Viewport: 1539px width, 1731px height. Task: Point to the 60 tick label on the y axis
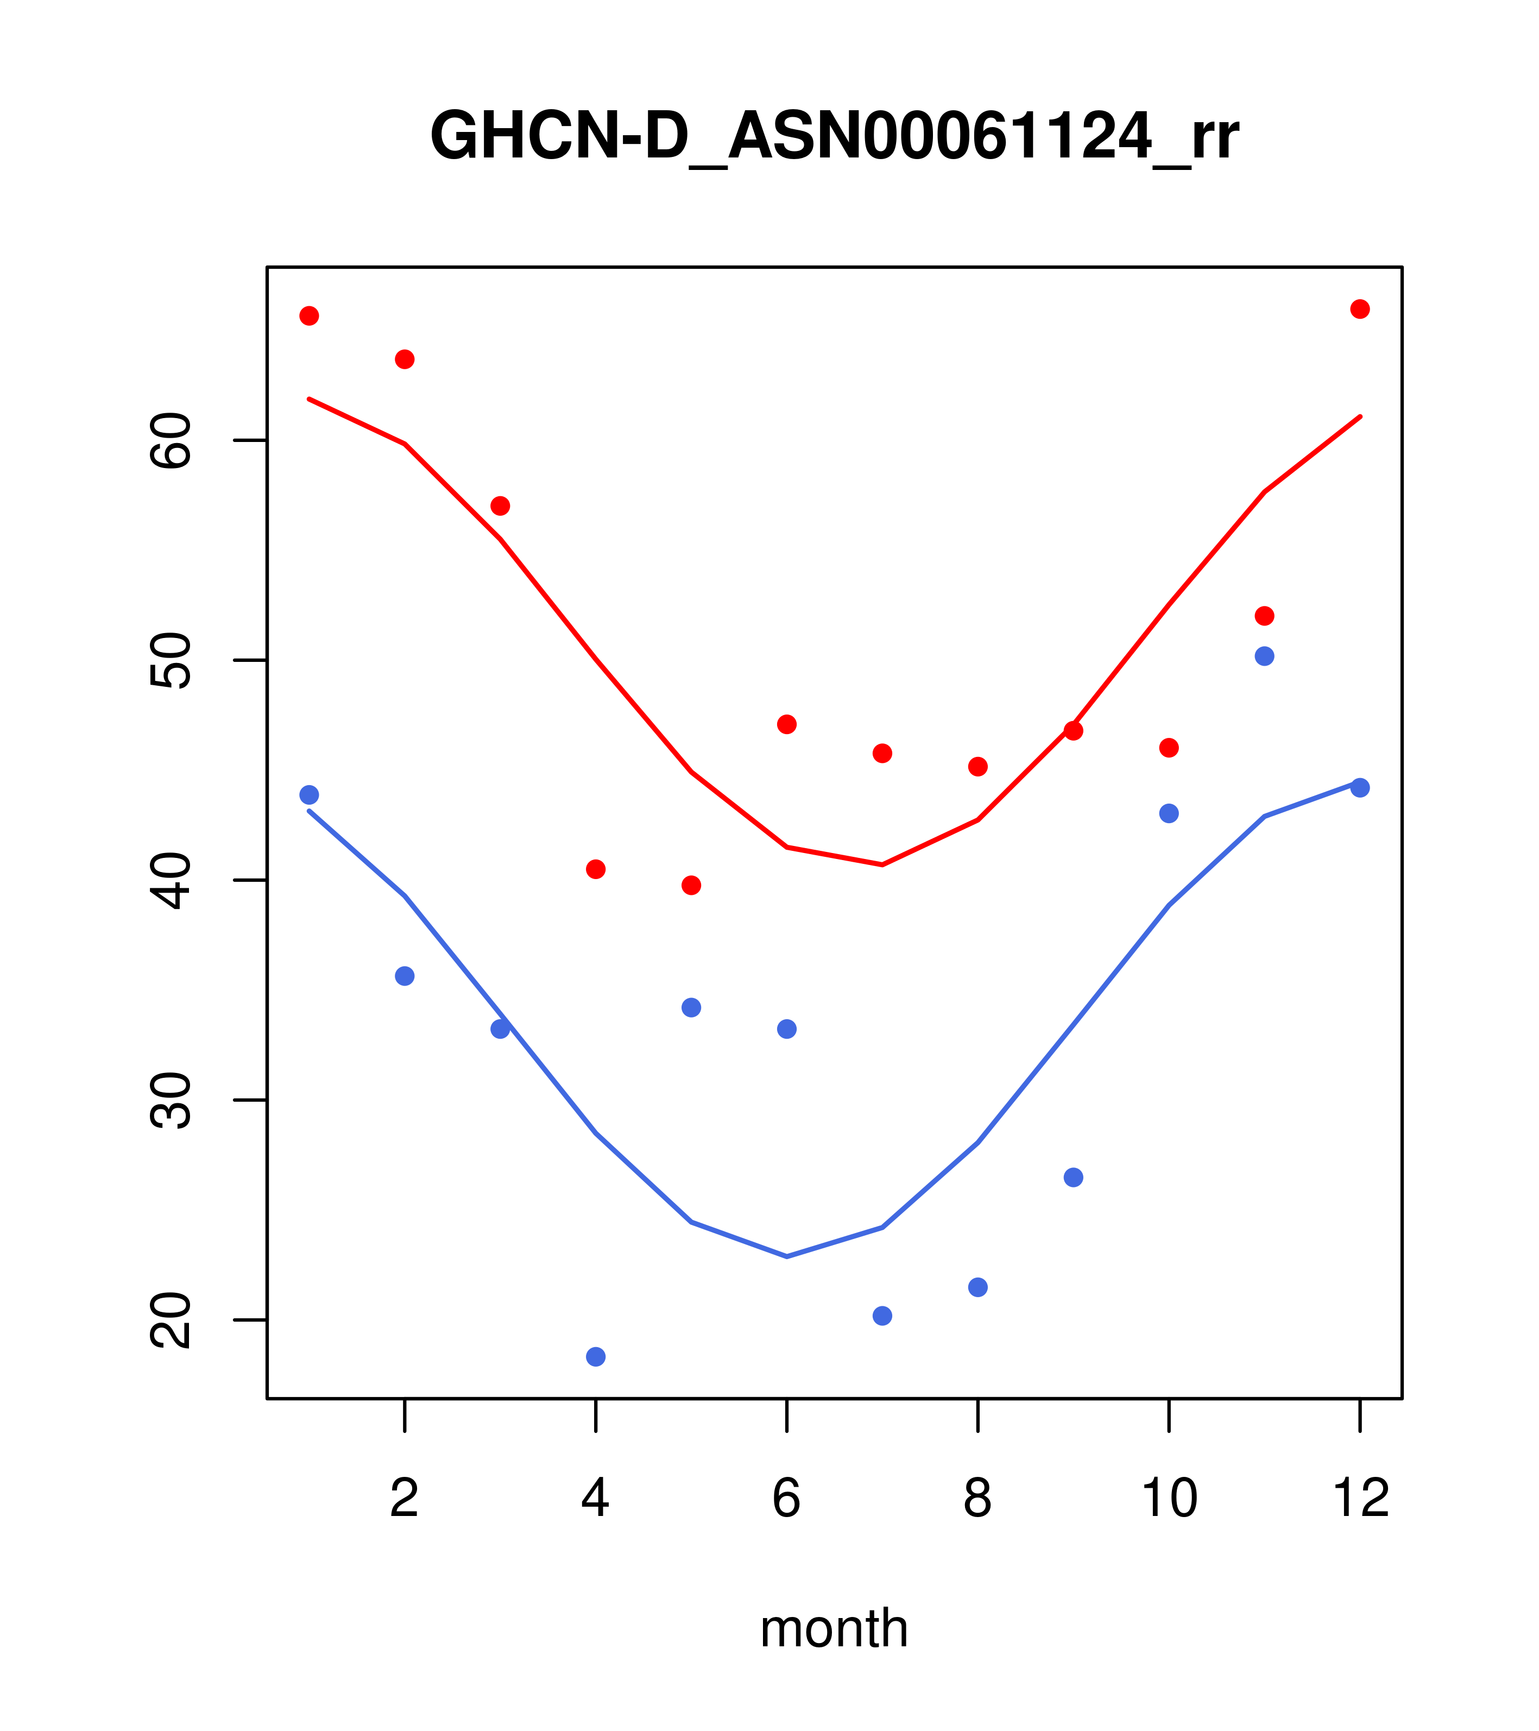pos(171,440)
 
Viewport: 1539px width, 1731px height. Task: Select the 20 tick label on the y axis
pos(171,1321)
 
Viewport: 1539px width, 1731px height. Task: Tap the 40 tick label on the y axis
pos(171,881)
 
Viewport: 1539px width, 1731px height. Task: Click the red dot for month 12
pos(1360,309)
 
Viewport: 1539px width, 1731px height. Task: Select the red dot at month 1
pos(309,316)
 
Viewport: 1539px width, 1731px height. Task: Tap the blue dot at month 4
pos(596,1357)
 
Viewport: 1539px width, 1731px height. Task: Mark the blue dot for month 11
pos(1265,656)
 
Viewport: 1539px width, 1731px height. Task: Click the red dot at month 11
pos(1265,616)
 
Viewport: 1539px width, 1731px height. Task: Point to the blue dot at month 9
pos(1073,1177)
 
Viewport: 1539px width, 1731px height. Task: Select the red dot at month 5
pos(691,885)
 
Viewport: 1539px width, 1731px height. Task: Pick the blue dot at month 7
pos(882,1315)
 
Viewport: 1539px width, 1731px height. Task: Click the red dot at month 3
pos(501,506)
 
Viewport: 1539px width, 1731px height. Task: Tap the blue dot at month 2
pos(405,976)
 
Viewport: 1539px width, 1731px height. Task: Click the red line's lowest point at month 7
pos(882,864)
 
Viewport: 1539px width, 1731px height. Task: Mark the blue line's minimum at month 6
pos(787,1256)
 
